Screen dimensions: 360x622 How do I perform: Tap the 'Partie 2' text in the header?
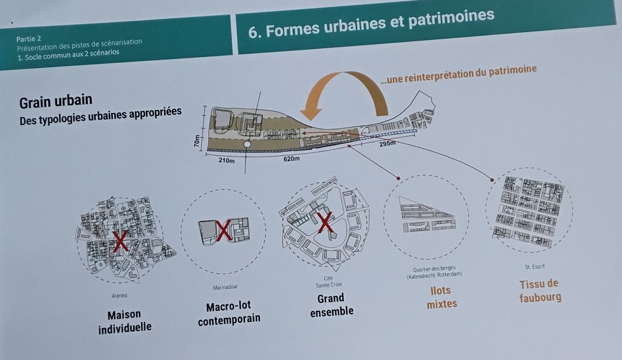pyautogui.click(x=29, y=38)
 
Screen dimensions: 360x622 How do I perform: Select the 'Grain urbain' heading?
pyautogui.click(x=56, y=101)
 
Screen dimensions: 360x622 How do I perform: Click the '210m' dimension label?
pyautogui.click(x=227, y=161)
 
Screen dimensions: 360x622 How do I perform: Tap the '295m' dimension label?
pyautogui.click(x=387, y=144)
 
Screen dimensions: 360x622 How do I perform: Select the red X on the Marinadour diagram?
pyautogui.click(x=223, y=230)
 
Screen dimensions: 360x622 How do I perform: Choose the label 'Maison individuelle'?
pyautogui.click(x=124, y=321)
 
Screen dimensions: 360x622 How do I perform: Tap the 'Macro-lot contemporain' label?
pyautogui.click(x=228, y=312)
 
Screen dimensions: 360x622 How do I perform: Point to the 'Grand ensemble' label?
pyautogui.click(x=331, y=305)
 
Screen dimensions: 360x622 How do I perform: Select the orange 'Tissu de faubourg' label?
pyautogui.click(x=539, y=290)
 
